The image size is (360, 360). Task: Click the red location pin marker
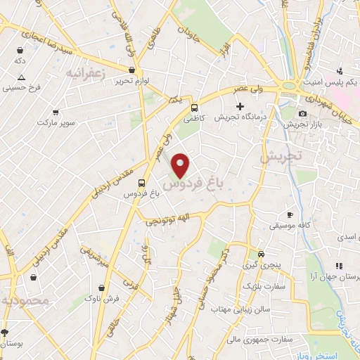tap(181, 164)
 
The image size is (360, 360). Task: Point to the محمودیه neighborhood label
tap(25, 300)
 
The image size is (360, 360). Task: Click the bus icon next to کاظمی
tap(194, 108)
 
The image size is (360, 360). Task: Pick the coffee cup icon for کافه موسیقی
tap(290, 214)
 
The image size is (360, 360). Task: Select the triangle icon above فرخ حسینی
tap(21, 77)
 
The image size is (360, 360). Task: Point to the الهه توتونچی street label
tap(167, 220)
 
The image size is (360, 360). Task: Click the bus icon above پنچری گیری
tap(261, 254)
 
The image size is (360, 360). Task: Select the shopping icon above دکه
tap(20, 50)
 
